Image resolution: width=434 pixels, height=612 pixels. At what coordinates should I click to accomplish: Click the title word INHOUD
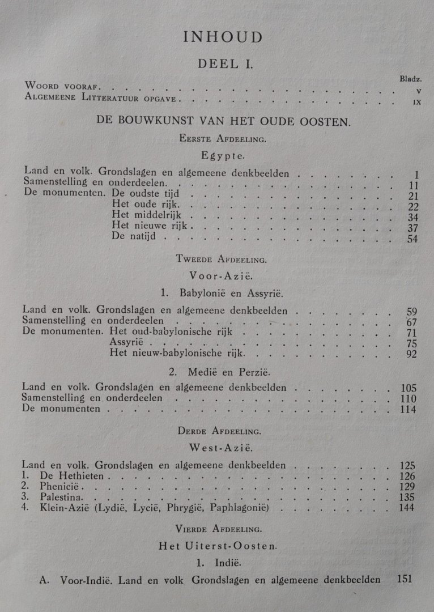pos(223,37)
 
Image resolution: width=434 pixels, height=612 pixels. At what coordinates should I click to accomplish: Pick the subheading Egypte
pos(223,154)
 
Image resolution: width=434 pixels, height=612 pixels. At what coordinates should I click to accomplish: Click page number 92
pos(411,355)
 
